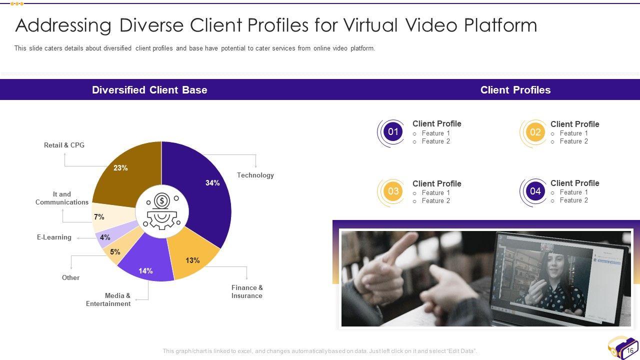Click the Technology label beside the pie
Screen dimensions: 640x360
click(255, 175)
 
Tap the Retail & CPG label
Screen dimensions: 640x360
click(64, 145)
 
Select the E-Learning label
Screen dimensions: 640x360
click(54, 237)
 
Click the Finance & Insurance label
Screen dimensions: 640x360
click(247, 291)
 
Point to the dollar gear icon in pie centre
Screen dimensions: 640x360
click(162, 211)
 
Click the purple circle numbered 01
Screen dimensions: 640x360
click(393, 131)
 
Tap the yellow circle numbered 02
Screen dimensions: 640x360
click(535, 132)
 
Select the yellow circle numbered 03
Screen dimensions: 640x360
click(393, 191)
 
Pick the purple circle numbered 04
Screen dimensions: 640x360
click(535, 191)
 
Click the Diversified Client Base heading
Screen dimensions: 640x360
click(149, 90)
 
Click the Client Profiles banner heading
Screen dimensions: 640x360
click(515, 90)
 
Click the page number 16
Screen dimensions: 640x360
click(629, 350)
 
